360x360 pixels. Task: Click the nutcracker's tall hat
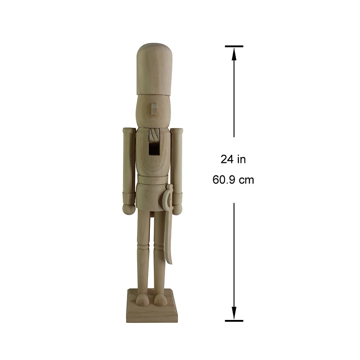[153, 67]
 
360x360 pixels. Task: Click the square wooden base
[153, 310]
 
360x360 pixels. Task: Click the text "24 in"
[233, 159]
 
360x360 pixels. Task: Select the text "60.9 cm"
[233, 180]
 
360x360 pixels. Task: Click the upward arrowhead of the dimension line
[234, 54]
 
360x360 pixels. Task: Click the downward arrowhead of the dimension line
[234, 313]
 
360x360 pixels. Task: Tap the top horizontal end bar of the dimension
[234, 46]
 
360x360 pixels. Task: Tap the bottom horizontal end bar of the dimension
[234, 321]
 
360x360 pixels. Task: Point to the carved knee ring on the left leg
[143, 248]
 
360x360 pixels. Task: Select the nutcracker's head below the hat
[153, 110]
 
